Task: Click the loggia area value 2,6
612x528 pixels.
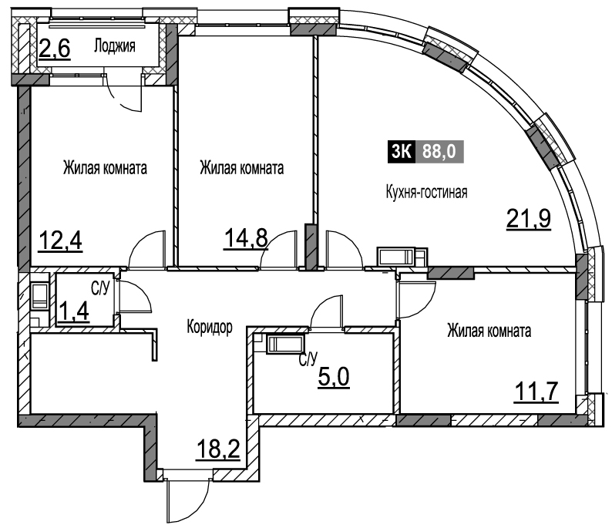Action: (x=55, y=49)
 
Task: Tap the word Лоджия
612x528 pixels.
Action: (x=115, y=46)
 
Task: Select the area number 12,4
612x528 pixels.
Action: (x=60, y=240)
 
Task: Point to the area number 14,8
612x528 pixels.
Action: (x=246, y=238)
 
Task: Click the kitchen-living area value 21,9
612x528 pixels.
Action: (x=529, y=219)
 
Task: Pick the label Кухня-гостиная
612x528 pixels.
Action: (x=426, y=193)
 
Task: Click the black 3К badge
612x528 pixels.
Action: (x=402, y=151)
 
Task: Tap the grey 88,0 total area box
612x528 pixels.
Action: (x=440, y=151)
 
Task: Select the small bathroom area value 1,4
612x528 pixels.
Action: (x=73, y=311)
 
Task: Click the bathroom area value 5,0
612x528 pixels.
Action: (x=334, y=377)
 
